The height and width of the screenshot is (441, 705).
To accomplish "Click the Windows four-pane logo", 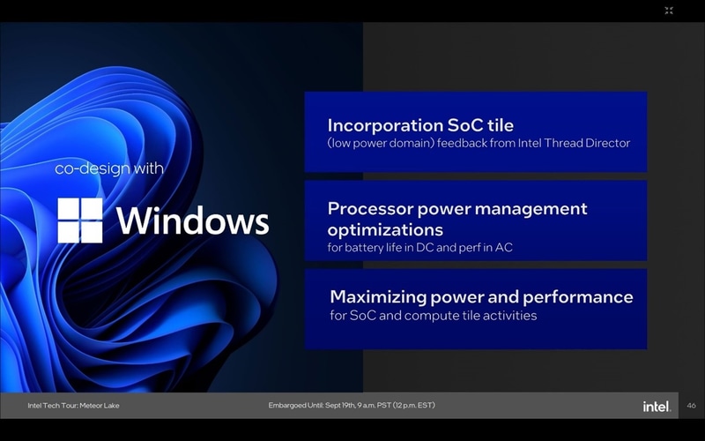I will pyautogui.click(x=80, y=220).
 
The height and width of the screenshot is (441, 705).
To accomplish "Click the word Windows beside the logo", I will pyautogui.click(x=192, y=220).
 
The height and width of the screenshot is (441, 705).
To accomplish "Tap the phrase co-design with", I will pyautogui.click(x=109, y=168).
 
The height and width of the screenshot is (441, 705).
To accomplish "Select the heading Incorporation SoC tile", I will pyautogui.click(x=420, y=125).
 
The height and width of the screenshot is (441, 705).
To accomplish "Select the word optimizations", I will pyautogui.click(x=385, y=229).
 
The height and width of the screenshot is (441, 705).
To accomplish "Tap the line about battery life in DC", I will pyautogui.click(x=419, y=248).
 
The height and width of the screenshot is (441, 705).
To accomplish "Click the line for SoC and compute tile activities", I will pyautogui.click(x=433, y=315).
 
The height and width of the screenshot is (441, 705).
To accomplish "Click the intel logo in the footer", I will pyautogui.click(x=657, y=406).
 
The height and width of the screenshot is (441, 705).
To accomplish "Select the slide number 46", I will pyautogui.click(x=691, y=406).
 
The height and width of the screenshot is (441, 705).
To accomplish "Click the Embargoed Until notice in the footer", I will pyautogui.click(x=351, y=406).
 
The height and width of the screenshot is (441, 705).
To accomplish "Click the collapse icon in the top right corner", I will pyautogui.click(x=669, y=11).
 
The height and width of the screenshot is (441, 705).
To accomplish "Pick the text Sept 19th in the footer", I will pyautogui.click(x=340, y=406).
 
